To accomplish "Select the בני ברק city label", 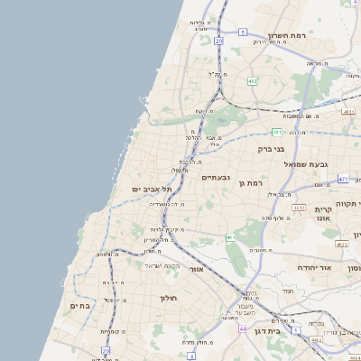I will tap(271, 148).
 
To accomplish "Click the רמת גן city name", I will tap(250, 182).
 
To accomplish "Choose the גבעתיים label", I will tap(218, 178).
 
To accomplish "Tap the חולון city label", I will tap(170, 298).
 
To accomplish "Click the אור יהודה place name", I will tap(314, 268).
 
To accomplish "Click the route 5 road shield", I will tap(243, 32).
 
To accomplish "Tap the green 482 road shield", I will tap(253, 81).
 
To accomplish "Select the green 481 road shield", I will tap(277, 132).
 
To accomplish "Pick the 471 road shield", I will tap(343, 180).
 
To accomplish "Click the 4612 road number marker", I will tap(299, 208).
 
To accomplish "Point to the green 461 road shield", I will tap(230, 237).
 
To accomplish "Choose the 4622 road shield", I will tap(341, 244).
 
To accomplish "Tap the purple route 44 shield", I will tap(243, 329).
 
